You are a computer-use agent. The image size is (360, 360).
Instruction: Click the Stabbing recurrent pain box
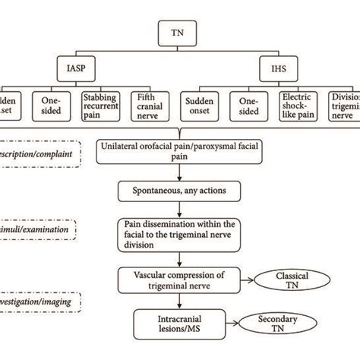tap(106, 107)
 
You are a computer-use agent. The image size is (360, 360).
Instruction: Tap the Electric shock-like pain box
tap(298, 107)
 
